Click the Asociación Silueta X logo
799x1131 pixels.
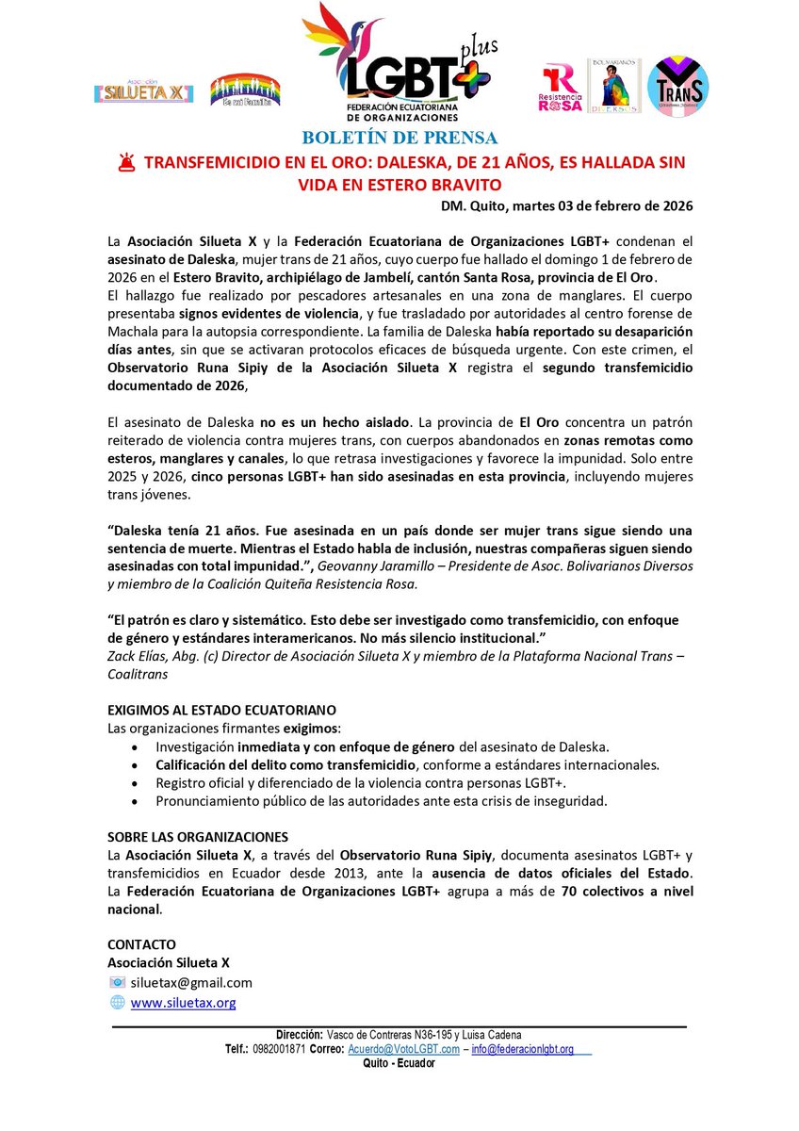pos(144,92)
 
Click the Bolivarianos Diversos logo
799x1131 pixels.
pos(613,86)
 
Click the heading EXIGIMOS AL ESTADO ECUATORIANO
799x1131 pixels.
pos(221,709)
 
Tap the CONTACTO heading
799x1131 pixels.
pos(141,944)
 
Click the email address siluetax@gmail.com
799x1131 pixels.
pos(191,982)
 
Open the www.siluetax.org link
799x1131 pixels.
pos(183,1003)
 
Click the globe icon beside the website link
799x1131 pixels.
pos(117,1003)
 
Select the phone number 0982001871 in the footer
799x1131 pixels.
pos(278,1049)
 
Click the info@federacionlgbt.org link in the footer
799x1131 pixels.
pos(523,1049)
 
